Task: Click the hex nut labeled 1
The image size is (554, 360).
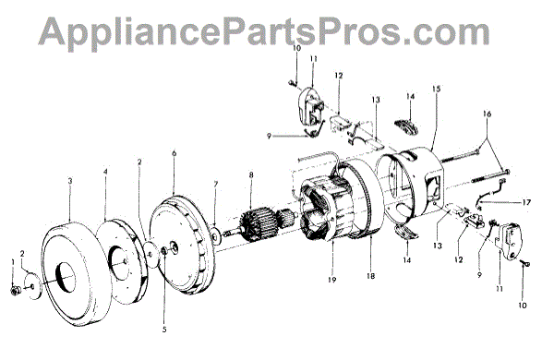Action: point(15,290)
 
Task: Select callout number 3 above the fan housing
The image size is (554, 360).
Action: point(70,181)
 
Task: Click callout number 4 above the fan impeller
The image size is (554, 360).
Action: point(105,172)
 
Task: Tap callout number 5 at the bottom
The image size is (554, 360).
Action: point(164,330)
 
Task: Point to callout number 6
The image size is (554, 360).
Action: point(174,153)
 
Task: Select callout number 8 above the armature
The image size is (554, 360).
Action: point(251,174)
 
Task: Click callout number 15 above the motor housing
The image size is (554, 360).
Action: point(437,89)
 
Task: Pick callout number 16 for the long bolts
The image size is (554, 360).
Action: point(488,114)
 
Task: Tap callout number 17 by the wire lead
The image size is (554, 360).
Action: point(526,202)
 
